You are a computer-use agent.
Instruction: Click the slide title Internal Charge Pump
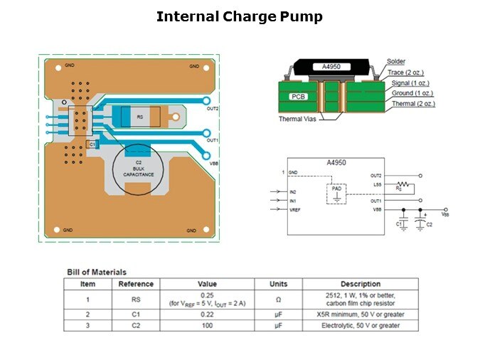[240, 16]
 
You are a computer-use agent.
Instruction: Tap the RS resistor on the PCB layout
[139, 116]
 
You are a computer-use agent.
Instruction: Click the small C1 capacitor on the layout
[92, 144]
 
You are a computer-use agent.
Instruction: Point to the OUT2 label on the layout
[212, 109]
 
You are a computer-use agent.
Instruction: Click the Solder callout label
[397, 62]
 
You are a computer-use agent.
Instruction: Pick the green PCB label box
[299, 95]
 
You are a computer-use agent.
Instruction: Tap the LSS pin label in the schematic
[376, 185]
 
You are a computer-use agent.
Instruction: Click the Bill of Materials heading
[97, 272]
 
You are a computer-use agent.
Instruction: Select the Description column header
[361, 284]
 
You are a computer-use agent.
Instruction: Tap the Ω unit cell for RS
[278, 299]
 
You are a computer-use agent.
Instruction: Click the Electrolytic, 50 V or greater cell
[361, 325]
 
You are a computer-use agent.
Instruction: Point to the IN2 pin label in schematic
[293, 191]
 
